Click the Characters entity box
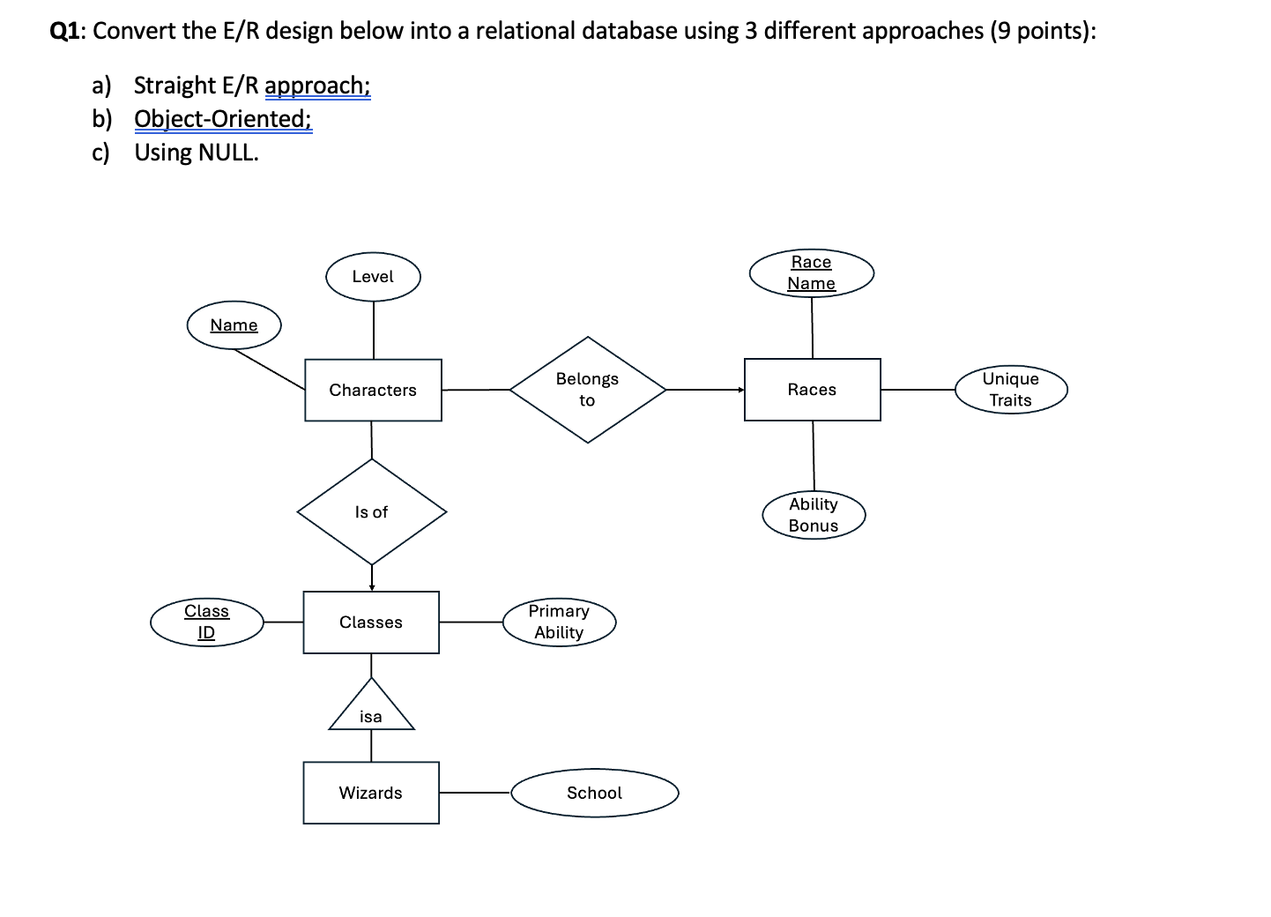(373, 390)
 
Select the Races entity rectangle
(812, 390)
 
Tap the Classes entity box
(371, 623)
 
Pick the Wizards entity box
(371, 793)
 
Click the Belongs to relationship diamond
(587, 389)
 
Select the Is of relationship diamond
(371, 511)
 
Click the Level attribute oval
(373, 277)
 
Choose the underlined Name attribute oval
(234, 325)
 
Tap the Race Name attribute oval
(811, 272)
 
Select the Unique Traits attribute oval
(1010, 389)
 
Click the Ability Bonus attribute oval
(814, 515)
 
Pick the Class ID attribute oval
(206, 622)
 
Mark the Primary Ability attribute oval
(559, 622)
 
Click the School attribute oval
(595, 793)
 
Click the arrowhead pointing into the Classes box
(372, 586)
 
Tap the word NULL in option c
(227, 153)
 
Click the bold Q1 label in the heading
(67, 31)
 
